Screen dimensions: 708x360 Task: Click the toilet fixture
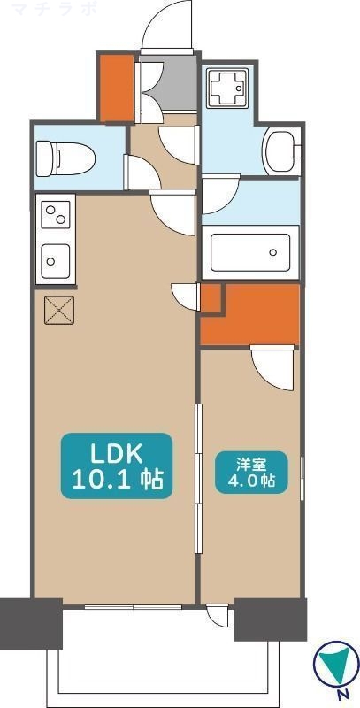(65, 158)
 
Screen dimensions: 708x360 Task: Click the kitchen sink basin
(55, 260)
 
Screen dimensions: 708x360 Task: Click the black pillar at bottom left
(31, 625)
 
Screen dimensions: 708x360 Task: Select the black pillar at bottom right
(270, 619)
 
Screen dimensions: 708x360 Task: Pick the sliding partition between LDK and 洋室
(197, 478)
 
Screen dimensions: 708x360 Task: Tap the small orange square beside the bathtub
(210, 297)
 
